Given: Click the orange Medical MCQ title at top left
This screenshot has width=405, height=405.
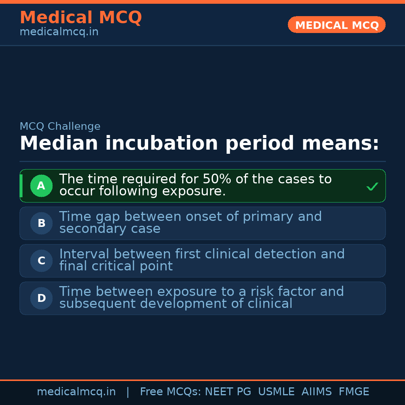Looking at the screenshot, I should pyautogui.click(x=81, y=18).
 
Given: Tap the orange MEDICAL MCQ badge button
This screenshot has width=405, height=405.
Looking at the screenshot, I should pyautogui.click(x=336, y=25).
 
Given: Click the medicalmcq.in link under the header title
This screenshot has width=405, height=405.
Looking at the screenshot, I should pyautogui.click(x=59, y=32).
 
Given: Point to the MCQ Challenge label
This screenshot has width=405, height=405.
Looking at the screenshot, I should pyautogui.click(x=60, y=126).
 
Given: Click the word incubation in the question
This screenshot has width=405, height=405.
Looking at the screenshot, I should pyautogui.click(x=161, y=143).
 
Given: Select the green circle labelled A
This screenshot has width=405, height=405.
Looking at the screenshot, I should pyautogui.click(x=41, y=186).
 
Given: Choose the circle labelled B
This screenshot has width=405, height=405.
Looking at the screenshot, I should pyautogui.click(x=41, y=223).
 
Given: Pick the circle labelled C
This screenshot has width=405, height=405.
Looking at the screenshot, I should pyautogui.click(x=41, y=261).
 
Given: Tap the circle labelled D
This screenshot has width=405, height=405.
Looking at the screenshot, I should pyautogui.click(x=41, y=298).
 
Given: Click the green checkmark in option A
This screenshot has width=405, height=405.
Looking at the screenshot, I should pyautogui.click(x=372, y=186).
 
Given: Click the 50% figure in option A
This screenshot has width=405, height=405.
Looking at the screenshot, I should pyautogui.click(x=217, y=179).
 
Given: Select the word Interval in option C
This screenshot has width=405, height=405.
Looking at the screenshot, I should pyautogui.click(x=84, y=254).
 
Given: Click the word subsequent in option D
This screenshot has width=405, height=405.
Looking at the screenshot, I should pyautogui.click(x=97, y=304).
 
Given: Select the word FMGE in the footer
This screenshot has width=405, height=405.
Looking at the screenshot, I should pyautogui.click(x=354, y=392).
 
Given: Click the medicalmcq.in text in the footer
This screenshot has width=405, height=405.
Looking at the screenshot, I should pyautogui.click(x=76, y=392).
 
